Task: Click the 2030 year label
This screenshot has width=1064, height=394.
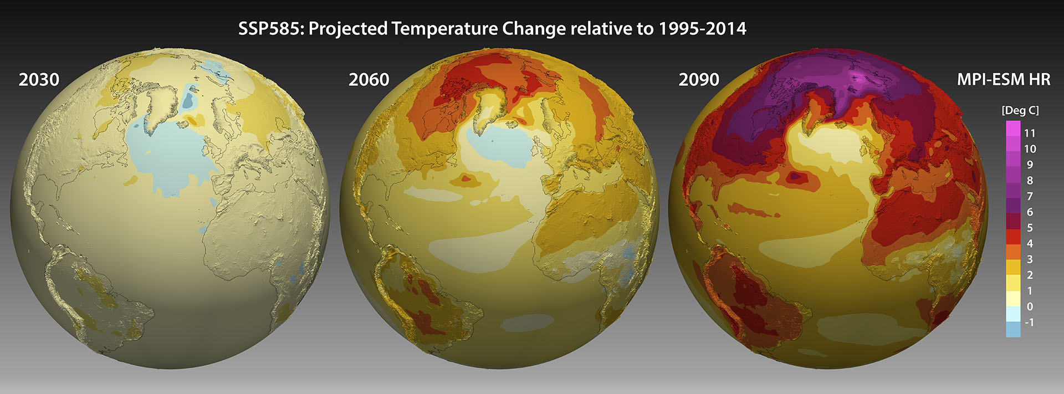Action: point(39,80)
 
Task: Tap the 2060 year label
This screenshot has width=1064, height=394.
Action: point(369,80)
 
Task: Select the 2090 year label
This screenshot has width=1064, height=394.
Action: point(699,80)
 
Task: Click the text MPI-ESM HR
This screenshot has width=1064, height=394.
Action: point(1003,80)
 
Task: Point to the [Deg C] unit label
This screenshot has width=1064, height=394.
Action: point(1020,110)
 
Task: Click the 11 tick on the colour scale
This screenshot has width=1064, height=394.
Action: point(1030,133)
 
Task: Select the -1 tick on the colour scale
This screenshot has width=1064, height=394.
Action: point(1029,322)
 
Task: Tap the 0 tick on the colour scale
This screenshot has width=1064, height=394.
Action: point(1030,306)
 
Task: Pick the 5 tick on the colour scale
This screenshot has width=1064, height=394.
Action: point(1030,228)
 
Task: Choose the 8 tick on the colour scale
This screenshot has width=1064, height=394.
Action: point(1030,181)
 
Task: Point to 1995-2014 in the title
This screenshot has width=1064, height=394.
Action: point(702,29)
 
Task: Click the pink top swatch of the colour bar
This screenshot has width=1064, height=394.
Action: point(1013,129)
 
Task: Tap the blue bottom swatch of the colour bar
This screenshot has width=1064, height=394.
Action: point(1013,330)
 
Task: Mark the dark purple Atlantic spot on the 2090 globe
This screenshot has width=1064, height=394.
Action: point(795,176)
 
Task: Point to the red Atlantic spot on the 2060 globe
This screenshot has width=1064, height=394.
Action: point(465,178)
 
